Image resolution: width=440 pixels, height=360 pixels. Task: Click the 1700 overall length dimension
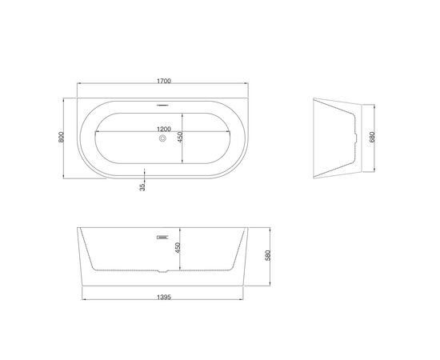coord(164,81)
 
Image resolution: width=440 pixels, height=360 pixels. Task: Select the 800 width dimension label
coord(61,137)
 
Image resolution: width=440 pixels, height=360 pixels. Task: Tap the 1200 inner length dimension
coord(164,129)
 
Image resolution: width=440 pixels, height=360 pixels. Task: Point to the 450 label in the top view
coord(180,137)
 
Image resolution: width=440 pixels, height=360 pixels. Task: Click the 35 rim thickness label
coord(142,187)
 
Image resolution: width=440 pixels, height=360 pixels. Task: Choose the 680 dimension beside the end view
coord(372,137)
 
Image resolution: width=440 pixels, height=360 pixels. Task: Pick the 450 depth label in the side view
coord(178,248)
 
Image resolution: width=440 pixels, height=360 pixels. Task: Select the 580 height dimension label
coord(268,256)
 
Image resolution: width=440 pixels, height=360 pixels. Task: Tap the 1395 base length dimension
coord(164,297)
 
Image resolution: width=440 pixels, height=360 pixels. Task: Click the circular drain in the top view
coord(162,138)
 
